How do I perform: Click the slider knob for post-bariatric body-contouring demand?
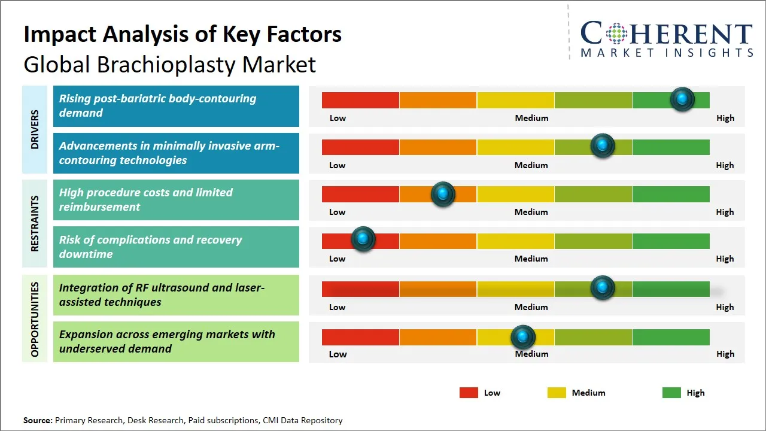682,99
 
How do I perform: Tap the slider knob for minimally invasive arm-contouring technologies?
603,145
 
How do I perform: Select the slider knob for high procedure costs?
443,193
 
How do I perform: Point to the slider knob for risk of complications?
363,239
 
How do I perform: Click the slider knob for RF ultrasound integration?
603,287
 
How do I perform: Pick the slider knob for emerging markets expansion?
523,337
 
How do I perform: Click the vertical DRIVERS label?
35,129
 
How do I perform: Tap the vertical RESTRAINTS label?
35,223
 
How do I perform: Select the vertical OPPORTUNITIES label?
35,320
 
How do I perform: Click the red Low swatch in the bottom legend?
469,393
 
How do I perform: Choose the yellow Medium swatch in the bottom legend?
557,393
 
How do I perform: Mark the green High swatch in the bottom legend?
671,393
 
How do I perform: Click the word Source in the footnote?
37,420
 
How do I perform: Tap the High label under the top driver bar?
725,118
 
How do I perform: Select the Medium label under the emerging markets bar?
531,354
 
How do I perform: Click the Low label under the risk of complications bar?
337,259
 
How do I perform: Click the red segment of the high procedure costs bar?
360,194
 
